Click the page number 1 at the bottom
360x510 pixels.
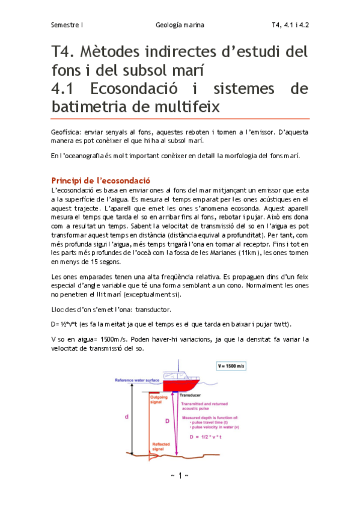click(x=180, y=475)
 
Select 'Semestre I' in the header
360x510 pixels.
click(x=67, y=25)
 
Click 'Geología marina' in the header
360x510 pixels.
click(x=180, y=25)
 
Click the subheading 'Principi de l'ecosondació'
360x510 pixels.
click(x=101, y=180)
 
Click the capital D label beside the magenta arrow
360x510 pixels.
click(x=166, y=421)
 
